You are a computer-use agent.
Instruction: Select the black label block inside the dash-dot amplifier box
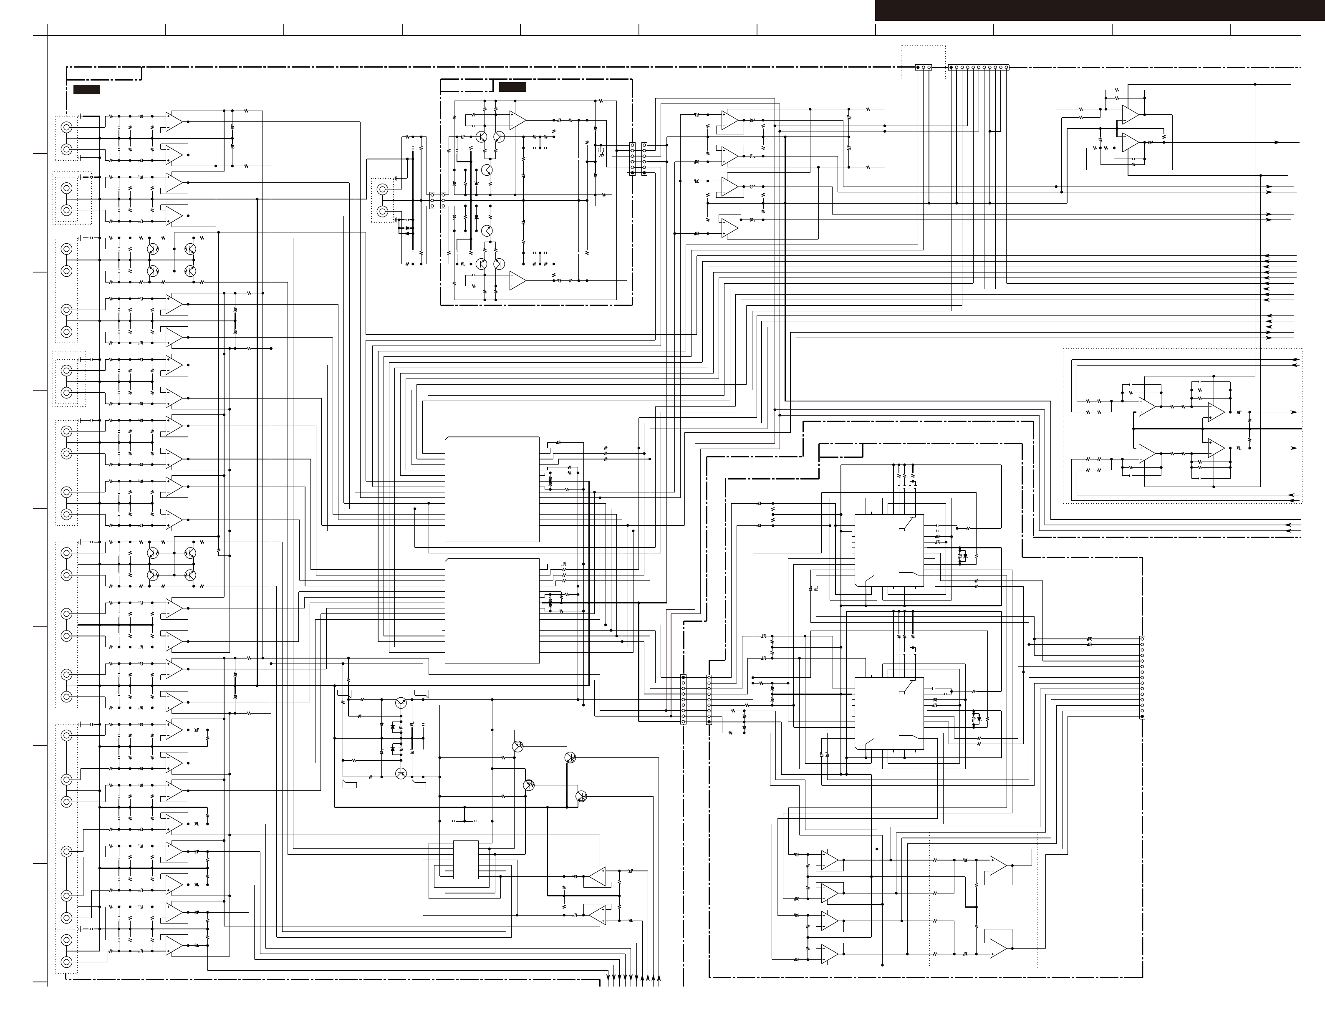coord(512,87)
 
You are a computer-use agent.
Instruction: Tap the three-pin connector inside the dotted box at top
coord(923,67)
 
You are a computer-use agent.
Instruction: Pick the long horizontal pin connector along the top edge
coord(978,67)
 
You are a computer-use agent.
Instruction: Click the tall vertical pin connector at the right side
coord(1142,677)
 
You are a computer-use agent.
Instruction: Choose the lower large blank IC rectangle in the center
coord(492,611)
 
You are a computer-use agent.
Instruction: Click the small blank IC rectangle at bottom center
coord(466,859)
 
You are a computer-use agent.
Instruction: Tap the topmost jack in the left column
coord(67,127)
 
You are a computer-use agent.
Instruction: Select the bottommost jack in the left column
coord(67,962)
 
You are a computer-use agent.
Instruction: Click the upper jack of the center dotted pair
coord(382,189)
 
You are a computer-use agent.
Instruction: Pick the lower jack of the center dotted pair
coord(382,211)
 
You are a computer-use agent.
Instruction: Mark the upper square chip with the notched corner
coord(889,550)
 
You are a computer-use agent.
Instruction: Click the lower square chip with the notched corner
coord(889,713)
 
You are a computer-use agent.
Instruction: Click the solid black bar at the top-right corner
coord(1099,10)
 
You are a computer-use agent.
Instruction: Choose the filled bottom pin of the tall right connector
coord(1142,716)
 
